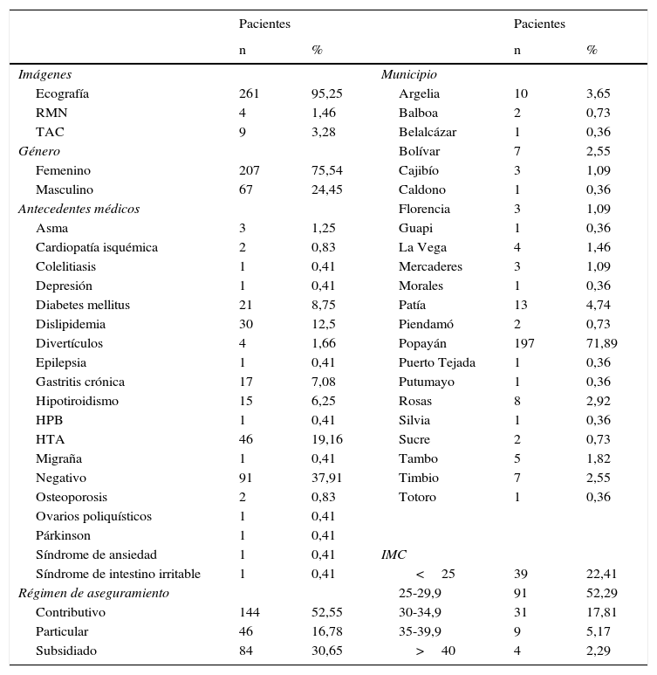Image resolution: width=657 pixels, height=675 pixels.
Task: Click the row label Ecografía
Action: (62, 94)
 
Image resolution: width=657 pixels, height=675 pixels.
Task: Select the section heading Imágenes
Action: (44, 75)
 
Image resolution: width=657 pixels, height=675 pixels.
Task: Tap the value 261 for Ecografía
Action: (249, 94)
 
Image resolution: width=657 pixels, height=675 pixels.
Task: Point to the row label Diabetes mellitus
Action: (83, 306)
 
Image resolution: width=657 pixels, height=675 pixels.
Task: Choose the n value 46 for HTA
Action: (245, 440)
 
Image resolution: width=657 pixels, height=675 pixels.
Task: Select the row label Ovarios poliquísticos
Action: (93, 517)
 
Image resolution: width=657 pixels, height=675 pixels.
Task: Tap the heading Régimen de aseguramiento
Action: (93, 594)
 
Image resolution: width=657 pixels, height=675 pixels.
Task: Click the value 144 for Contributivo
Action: (249, 613)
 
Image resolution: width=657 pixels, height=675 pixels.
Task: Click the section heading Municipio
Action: (408, 75)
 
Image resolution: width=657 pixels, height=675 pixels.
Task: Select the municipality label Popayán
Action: (424, 344)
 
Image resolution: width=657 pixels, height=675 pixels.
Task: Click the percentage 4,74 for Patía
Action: (599, 306)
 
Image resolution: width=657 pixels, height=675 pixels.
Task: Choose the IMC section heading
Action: (394, 555)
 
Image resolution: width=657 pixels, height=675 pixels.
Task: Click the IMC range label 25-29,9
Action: (420, 594)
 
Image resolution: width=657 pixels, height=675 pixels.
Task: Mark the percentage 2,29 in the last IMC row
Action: (599, 651)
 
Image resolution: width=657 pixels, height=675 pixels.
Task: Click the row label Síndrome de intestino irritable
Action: (118, 575)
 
